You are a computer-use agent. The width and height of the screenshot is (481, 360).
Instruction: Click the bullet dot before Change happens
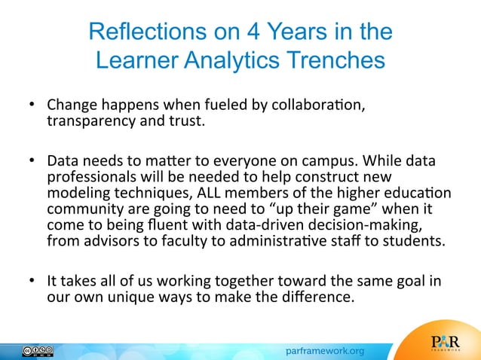point(32,104)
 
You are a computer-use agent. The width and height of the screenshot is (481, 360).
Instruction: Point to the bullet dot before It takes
point(32,281)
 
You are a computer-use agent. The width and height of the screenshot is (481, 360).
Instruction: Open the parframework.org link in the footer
point(325,351)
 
